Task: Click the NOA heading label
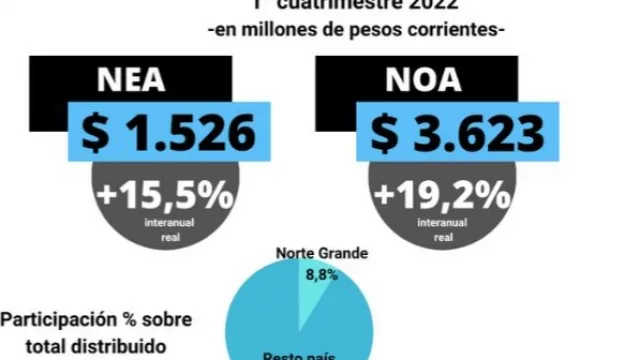[x=412, y=80]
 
